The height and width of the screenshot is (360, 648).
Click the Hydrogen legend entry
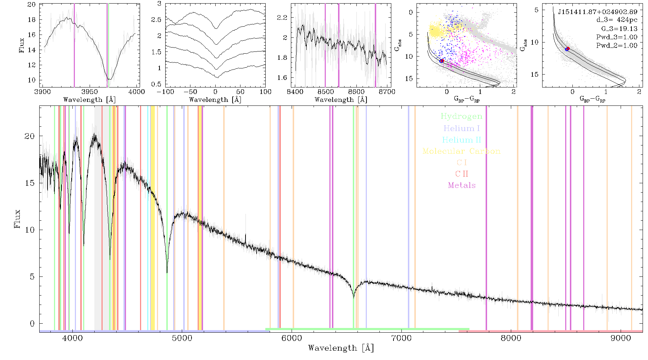pos(462,116)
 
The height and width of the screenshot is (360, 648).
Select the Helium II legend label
pos(462,140)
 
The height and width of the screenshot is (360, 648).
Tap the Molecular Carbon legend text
pos(462,151)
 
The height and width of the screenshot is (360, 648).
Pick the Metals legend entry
pos(462,185)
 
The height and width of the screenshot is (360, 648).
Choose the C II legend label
pos(462,174)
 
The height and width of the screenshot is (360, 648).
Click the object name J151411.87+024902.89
pos(598,12)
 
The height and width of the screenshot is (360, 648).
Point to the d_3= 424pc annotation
pos(617,20)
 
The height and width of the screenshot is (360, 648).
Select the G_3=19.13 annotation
pos(619,29)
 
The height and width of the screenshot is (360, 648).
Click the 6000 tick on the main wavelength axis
pos(292,338)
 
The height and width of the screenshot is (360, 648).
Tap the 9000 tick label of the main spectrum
pos(621,338)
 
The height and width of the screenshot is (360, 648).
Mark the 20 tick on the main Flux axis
pos(30,136)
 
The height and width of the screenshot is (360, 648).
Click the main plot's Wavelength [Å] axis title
pos(341,348)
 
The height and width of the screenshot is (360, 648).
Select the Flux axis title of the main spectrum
pos(17,219)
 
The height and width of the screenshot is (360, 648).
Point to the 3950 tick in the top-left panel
pos(90,91)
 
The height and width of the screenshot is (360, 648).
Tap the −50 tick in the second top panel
pos(190,91)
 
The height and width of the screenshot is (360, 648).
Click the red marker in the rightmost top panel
pos(568,49)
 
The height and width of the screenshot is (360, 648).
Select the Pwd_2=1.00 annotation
pos(617,46)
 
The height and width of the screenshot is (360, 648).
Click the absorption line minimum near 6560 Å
pos(354,297)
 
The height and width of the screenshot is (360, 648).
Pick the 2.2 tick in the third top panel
pos(283,17)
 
